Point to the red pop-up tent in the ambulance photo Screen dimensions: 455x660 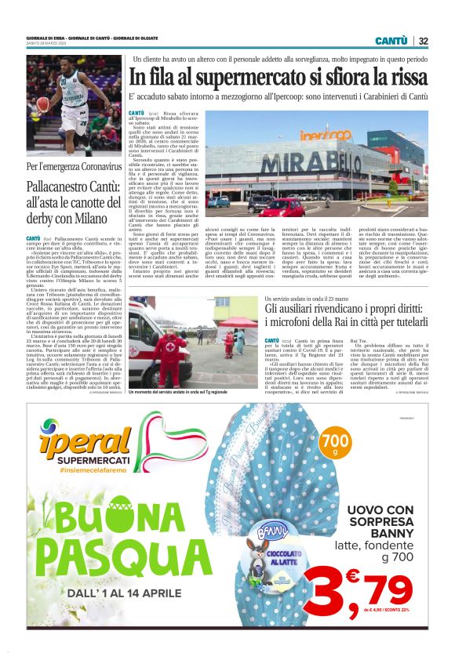click(x=238, y=322)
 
